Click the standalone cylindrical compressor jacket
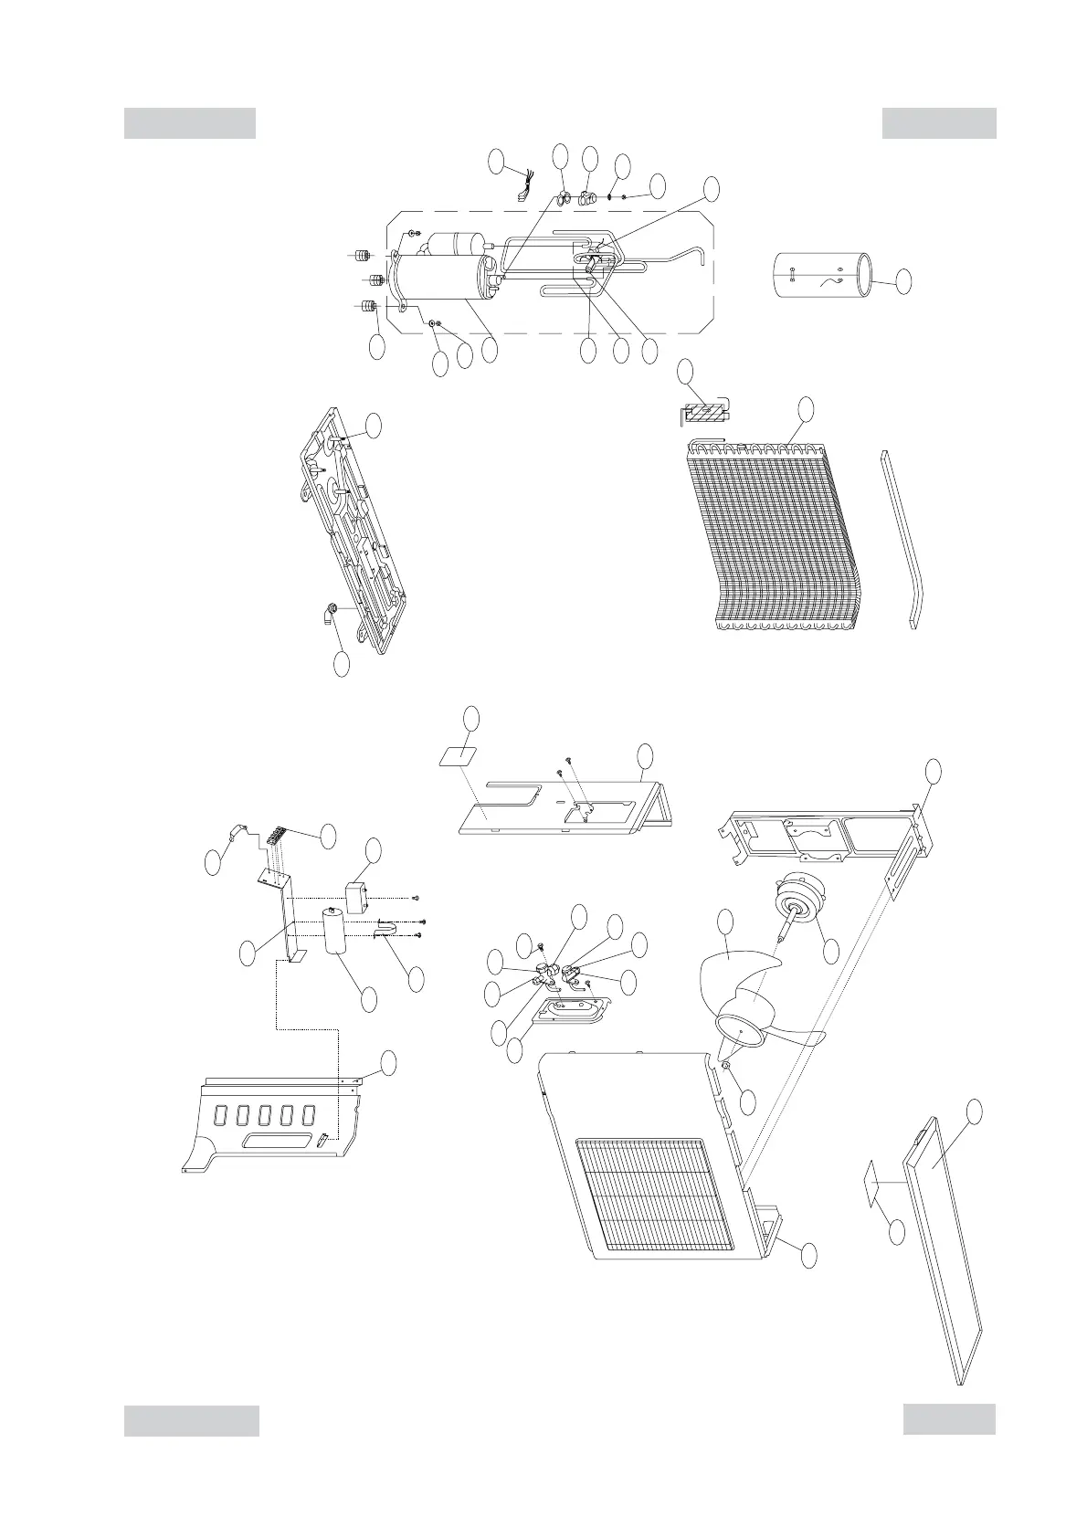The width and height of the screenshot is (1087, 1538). point(821,275)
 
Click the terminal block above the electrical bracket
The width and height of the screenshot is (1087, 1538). point(277,836)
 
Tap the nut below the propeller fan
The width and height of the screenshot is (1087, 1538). point(724,1067)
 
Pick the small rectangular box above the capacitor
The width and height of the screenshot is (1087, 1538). point(355,896)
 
